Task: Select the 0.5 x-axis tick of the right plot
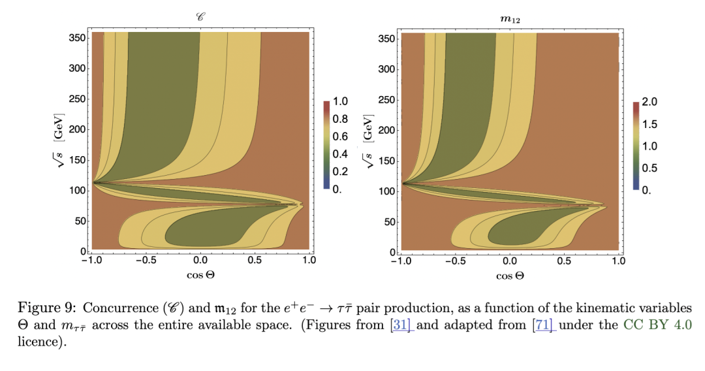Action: [564, 260]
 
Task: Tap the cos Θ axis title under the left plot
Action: [200, 275]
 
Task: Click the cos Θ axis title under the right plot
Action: [510, 275]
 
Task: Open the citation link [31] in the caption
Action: [401, 326]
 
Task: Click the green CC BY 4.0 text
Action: [650, 326]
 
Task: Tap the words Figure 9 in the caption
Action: [40, 308]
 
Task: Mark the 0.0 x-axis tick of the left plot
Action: [200, 260]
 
